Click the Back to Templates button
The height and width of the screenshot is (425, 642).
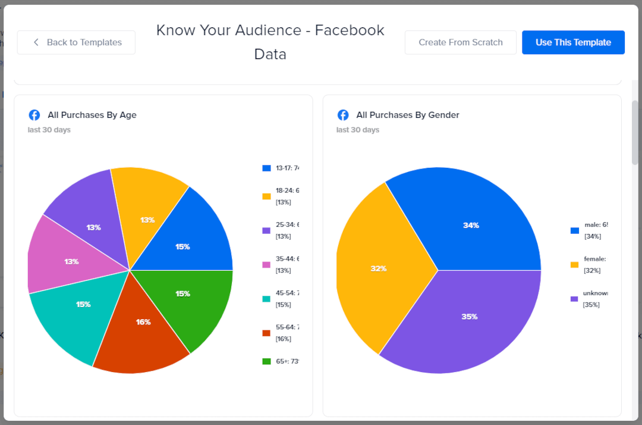tap(76, 42)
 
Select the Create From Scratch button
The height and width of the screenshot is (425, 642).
tap(460, 42)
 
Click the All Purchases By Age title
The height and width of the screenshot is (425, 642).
tap(92, 115)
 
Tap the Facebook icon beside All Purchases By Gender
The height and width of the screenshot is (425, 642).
tap(343, 115)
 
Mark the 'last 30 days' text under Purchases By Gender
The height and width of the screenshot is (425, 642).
tap(357, 130)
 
